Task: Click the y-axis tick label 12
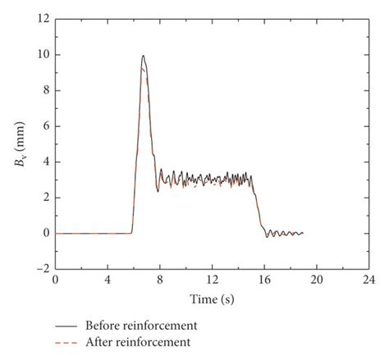pos(43,18)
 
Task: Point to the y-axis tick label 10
pos(43,55)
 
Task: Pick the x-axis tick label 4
pos(108,280)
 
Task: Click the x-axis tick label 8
pos(160,280)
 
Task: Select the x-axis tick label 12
pos(213,280)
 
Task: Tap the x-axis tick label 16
pos(265,280)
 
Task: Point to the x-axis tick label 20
pos(318,280)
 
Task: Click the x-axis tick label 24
pos(369,280)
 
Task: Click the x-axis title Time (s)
pos(212,297)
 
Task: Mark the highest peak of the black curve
pos(143,56)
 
